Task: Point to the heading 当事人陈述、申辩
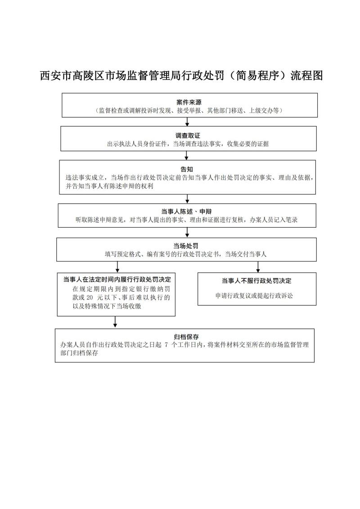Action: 186,212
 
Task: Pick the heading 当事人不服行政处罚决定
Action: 256,281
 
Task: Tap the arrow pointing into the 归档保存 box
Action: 116,322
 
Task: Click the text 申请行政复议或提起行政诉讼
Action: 256,296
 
